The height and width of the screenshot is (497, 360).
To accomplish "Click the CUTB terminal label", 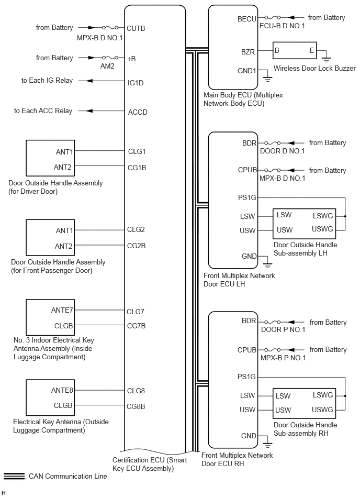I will coord(136,28).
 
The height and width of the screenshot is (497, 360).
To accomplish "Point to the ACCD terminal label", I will coord(137,112).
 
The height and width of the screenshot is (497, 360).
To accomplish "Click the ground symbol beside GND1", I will coord(267,80).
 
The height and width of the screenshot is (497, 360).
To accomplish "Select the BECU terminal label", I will coord(247,19).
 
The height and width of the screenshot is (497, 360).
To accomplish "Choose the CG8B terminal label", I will coord(136,406).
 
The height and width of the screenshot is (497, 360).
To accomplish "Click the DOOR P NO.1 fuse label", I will coord(282,330).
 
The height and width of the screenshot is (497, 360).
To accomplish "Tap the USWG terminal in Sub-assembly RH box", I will coord(322,410).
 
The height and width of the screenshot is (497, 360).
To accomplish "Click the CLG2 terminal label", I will coord(136,229).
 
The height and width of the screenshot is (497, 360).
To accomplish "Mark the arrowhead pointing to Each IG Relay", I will coord(89,81).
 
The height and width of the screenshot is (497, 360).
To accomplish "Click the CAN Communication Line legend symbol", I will coord(14,476).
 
